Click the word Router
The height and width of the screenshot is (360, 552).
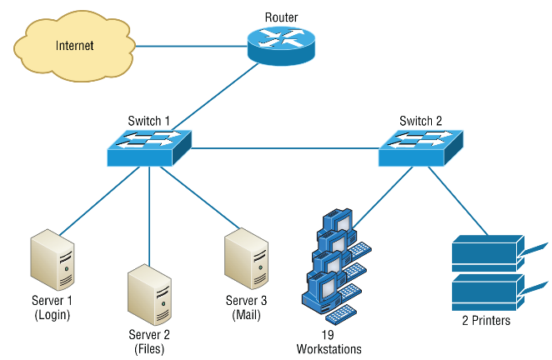(x=282, y=17)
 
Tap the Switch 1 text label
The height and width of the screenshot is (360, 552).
(x=149, y=121)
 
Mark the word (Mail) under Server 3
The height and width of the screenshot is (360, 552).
(x=247, y=315)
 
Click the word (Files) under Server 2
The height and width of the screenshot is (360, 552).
(x=149, y=349)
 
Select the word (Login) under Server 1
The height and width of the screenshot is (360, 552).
(x=52, y=315)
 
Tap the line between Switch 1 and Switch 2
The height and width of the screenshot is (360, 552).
(x=284, y=149)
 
